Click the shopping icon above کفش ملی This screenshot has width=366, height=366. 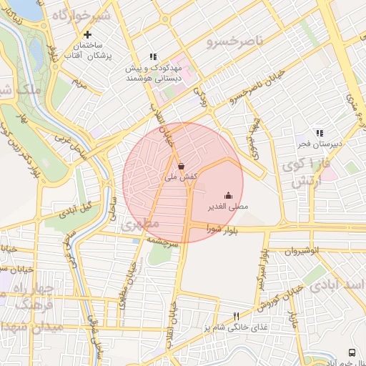coord(181,165)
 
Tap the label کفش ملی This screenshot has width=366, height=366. coord(181,176)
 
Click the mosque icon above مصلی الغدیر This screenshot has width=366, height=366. coord(228,195)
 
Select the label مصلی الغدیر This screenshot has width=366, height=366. coord(228,207)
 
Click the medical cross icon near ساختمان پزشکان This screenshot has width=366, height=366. coord(88,34)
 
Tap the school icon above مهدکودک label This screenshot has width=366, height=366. coord(152,56)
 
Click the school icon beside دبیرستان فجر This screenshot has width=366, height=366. coord(319,133)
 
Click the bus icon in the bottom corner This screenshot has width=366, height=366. coord(351,352)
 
